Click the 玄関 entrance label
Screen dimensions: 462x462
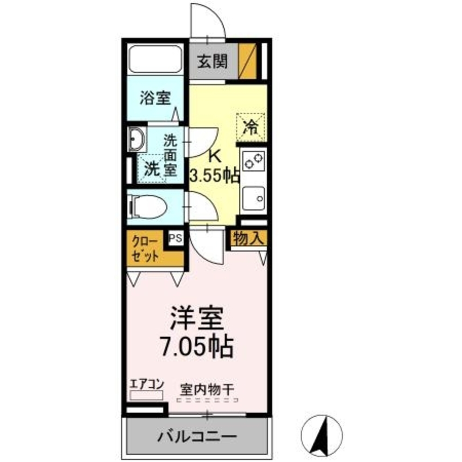[213, 61]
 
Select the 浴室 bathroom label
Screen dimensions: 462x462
[155, 98]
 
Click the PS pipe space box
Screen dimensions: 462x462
[175, 238]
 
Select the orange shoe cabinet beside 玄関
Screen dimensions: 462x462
[249, 61]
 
